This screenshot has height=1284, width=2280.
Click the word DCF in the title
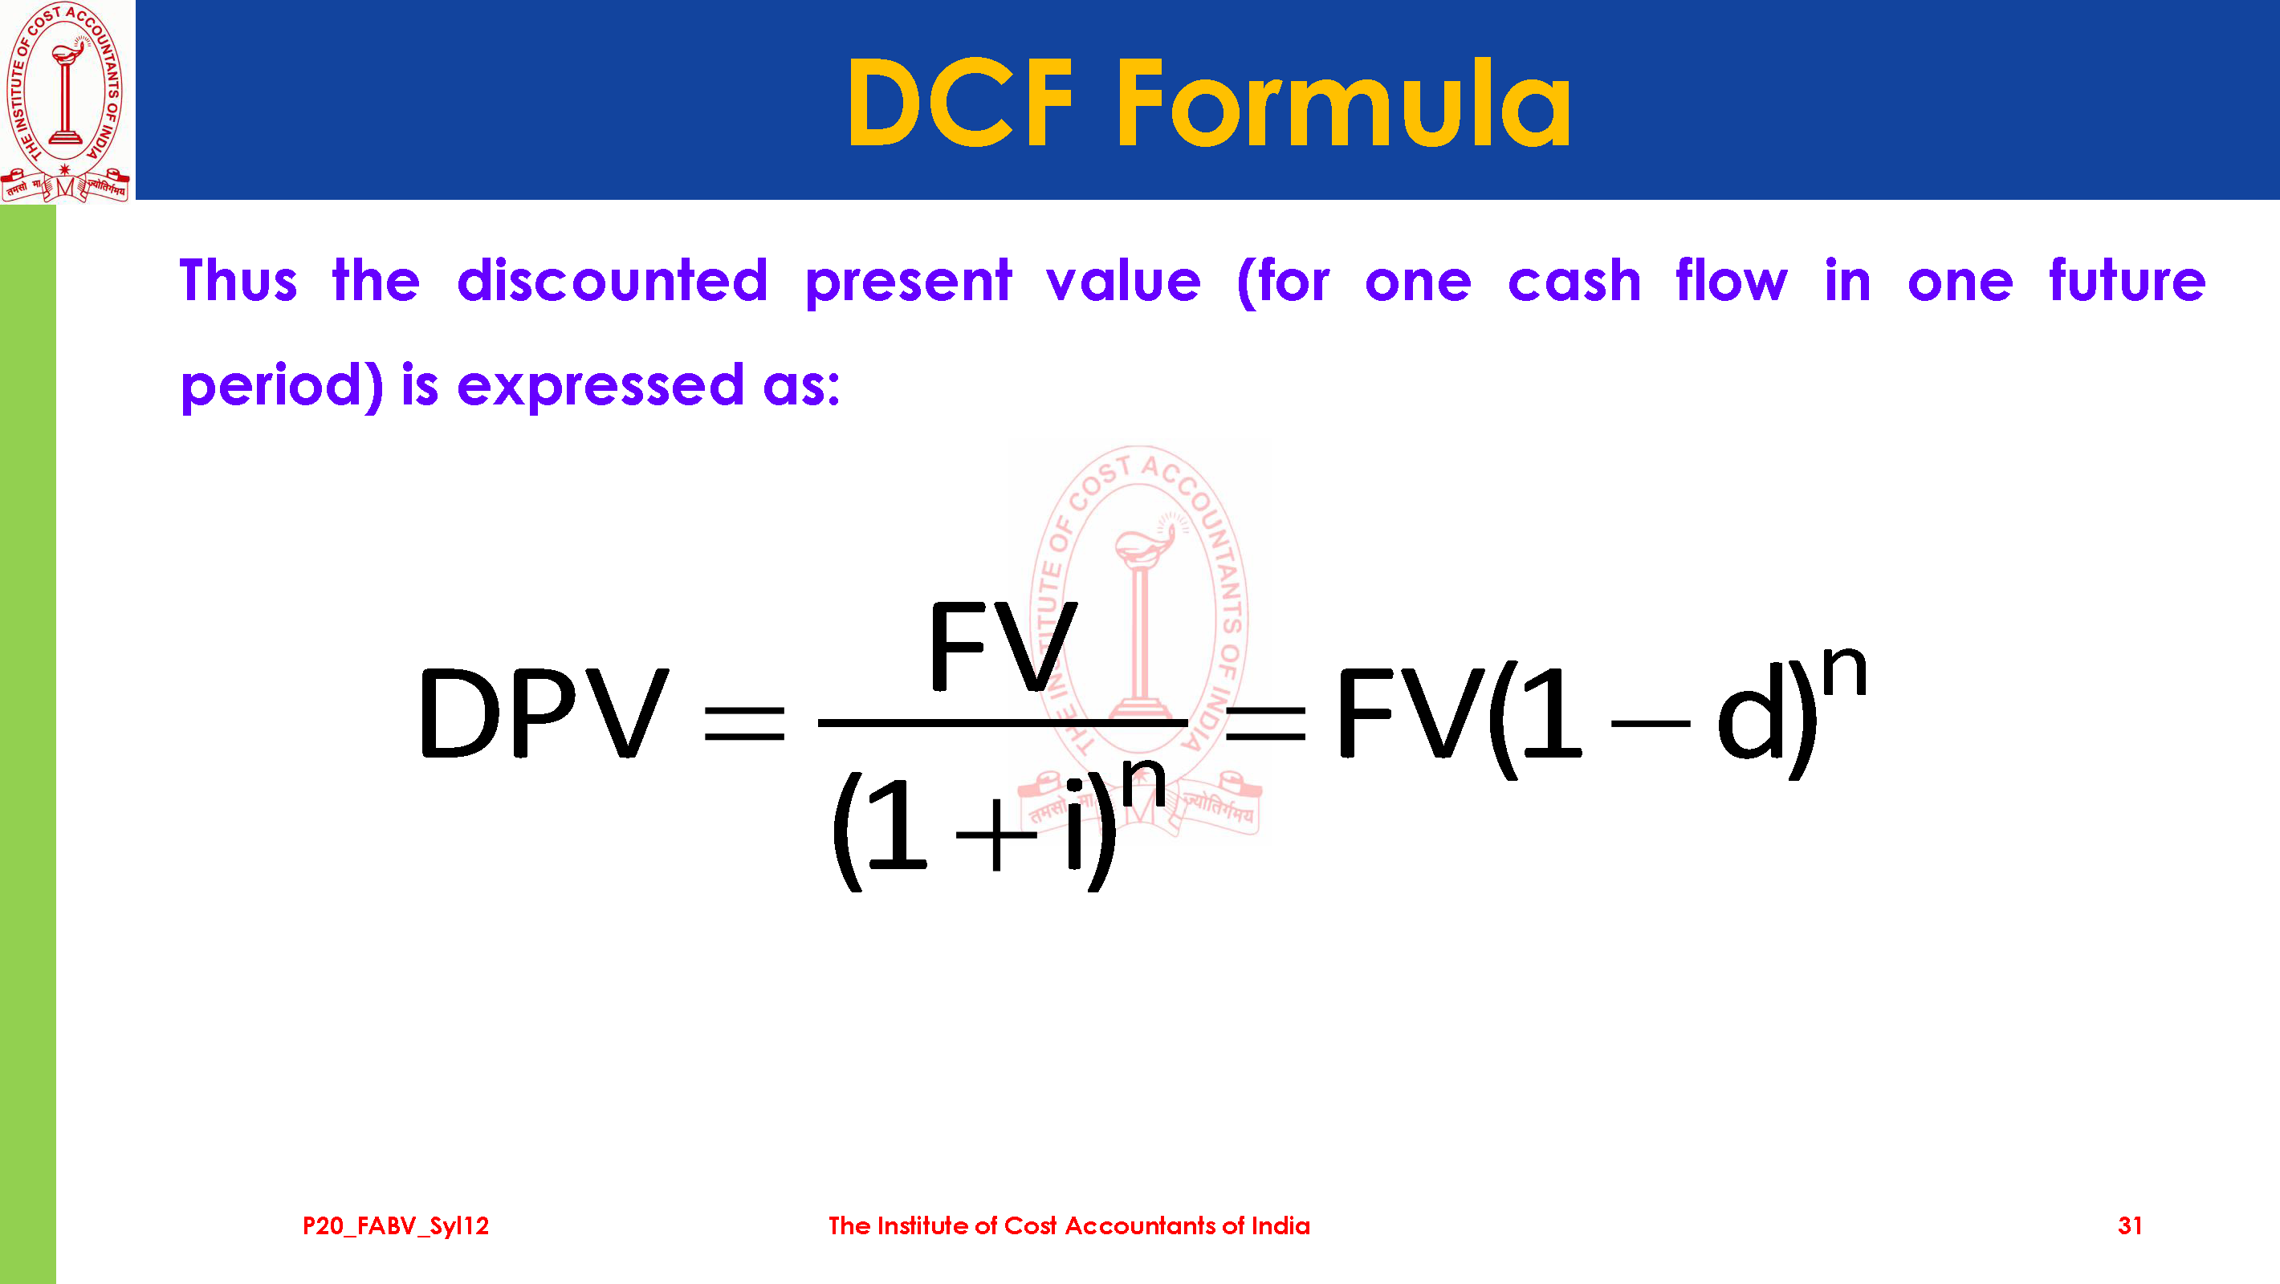[x=960, y=103]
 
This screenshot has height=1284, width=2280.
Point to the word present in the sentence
[x=908, y=283]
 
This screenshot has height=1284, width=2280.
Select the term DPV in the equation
[x=543, y=713]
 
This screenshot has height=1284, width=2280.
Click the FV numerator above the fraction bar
[x=1002, y=645]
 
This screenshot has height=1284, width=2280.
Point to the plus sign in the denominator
[x=995, y=835]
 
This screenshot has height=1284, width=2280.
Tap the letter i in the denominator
[x=1073, y=825]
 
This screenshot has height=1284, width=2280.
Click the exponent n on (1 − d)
[x=1845, y=672]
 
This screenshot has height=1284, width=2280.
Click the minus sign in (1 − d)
[x=1651, y=724]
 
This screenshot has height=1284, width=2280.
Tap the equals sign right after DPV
[x=744, y=723]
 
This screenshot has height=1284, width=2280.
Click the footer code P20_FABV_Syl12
[x=396, y=1225]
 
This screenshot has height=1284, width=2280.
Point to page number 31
[x=2130, y=1225]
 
